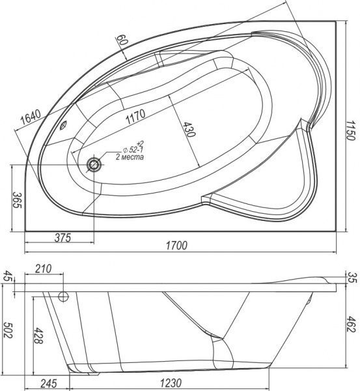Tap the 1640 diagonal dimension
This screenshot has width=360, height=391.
pyautogui.click(x=30, y=117)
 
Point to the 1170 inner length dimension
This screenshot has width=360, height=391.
pyautogui.click(x=136, y=119)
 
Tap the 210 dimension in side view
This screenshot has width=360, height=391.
pyautogui.click(x=44, y=269)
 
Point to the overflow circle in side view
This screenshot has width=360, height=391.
pyautogui.click(x=64, y=298)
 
